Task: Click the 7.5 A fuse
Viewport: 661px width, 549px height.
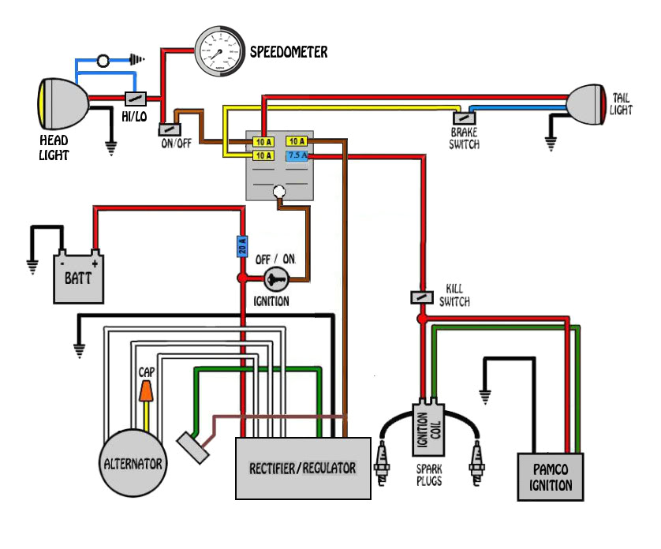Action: tap(297, 156)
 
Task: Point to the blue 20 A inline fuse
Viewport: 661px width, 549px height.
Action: tap(243, 247)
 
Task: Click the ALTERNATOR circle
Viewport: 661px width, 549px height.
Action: tap(133, 462)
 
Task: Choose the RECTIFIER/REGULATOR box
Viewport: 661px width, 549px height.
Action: tap(304, 468)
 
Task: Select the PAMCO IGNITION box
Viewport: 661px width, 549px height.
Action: tap(551, 476)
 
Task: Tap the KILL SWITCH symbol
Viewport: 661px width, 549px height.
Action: tap(422, 297)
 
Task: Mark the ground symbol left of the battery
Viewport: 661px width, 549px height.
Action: tap(32, 264)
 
